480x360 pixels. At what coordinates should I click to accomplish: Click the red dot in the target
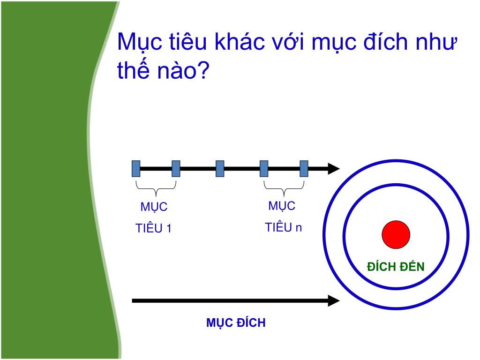[x=396, y=234]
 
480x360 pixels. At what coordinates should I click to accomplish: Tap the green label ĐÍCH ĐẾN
[x=396, y=267]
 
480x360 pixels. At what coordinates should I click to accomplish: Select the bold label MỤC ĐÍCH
[x=236, y=323]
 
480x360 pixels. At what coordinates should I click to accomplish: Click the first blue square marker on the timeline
[x=136, y=168]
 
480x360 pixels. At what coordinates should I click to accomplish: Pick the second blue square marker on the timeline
[x=176, y=168]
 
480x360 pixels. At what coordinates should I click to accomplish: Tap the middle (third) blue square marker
[x=220, y=168]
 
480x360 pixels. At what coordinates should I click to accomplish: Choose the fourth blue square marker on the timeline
[x=264, y=168]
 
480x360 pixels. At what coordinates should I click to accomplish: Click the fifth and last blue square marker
[x=304, y=168]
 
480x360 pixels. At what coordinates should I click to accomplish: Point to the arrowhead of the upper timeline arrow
[x=333, y=168]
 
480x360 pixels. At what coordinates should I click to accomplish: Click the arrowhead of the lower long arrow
[x=333, y=301]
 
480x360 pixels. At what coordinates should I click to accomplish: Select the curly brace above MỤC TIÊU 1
[x=156, y=188]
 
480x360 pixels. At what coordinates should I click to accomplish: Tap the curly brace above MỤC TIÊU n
[x=284, y=188]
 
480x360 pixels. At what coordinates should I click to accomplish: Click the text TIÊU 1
[x=153, y=229]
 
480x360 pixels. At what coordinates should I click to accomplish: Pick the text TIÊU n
[x=283, y=228]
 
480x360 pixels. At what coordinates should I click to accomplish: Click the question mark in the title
[x=202, y=71]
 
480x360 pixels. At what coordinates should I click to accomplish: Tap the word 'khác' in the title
[x=239, y=43]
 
